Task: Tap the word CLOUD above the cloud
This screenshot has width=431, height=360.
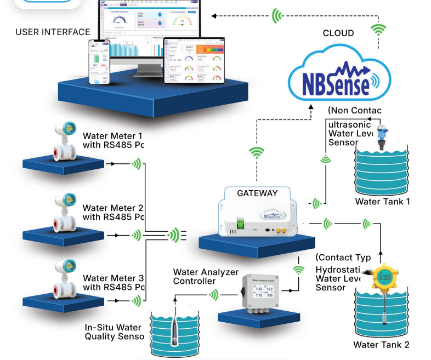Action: click(338, 33)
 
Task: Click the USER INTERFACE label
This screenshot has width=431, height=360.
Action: click(53, 32)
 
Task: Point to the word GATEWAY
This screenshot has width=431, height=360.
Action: click(257, 193)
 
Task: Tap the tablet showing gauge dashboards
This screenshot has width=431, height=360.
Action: click(194, 60)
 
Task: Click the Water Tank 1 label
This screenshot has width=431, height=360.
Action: click(383, 202)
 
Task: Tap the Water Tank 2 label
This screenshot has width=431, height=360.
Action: click(381, 345)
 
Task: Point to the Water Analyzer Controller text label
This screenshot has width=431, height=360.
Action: click(206, 277)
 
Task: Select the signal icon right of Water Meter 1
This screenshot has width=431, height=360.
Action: click(135, 163)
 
